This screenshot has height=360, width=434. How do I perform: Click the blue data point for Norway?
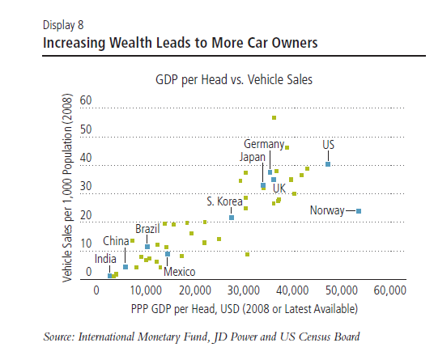[x=359, y=211]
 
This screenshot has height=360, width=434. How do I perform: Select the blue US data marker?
[x=328, y=164]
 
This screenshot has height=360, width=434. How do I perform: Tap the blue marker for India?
[x=110, y=276]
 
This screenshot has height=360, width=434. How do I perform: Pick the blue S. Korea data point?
[x=232, y=218]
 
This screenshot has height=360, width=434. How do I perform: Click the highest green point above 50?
[x=274, y=118]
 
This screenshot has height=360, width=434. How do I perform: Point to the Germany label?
[x=264, y=144]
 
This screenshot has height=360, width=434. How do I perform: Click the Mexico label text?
[x=180, y=272]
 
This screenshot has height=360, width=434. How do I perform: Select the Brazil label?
[x=147, y=229]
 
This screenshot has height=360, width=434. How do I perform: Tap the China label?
[x=116, y=241]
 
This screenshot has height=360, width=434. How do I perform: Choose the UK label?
[x=279, y=188]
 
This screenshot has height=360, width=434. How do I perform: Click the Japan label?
[x=253, y=157]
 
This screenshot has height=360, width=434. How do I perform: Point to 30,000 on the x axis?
[x=245, y=290]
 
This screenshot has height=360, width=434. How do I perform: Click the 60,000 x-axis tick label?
[x=390, y=290]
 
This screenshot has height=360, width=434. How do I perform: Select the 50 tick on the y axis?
[x=86, y=129]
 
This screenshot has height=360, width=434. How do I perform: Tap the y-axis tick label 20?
[x=86, y=215]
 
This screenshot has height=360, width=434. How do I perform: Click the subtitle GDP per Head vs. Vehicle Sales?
[x=234, y=79]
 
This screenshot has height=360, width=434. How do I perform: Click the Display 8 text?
[x=63, y=25]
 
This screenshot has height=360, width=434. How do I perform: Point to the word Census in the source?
[x=315, y=337]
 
